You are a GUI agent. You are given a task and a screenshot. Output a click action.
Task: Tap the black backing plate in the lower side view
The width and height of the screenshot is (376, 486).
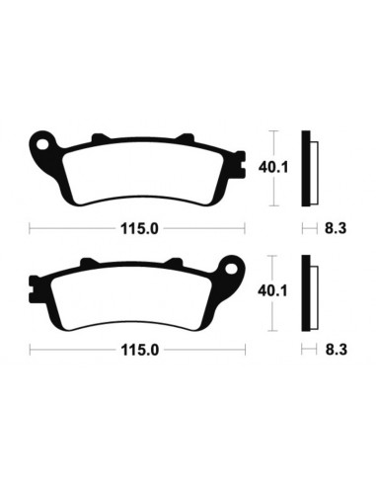308,290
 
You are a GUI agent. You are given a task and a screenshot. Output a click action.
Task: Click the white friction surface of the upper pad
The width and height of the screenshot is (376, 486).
138,170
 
